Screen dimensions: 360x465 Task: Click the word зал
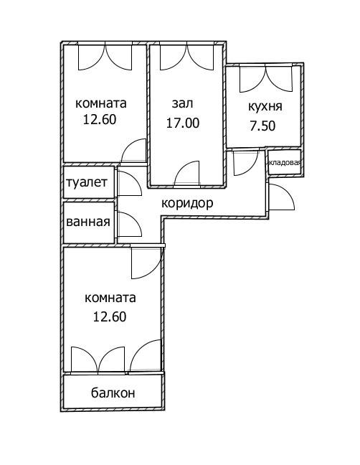pyautogui.click(x=182, y=103)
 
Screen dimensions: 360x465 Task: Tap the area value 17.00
pyautogui.click(x=183, y=123)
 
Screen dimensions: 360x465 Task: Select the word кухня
pyautogui.click(x=265, y=107)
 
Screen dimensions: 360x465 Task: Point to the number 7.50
pyautogui.click(x=262, y=126)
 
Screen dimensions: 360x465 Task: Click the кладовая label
pyautogui.click(x=285, y=162)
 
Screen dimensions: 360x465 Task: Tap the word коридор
pyautogui.click(x=187, y=204)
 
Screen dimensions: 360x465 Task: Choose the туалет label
pyautogui.click(x=87, y=182)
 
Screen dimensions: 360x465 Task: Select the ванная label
pyautogui.click(x=88, y=222)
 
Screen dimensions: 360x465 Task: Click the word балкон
pyautogui.click(x=113, y=393)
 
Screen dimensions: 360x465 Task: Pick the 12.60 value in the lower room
pyautogui.click(x=110, y=316)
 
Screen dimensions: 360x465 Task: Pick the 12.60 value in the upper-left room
pyautogui.click(x=100, y=120)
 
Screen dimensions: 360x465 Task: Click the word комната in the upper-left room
pyautogui.click(x=101, y=103)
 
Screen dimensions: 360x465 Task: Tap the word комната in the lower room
pyautogui.click(x=110, y=298)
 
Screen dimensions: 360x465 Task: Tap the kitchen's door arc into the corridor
pyautogui.click(x=252, y=169)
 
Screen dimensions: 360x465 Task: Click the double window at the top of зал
pyautogui.click(x=186, y=57)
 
